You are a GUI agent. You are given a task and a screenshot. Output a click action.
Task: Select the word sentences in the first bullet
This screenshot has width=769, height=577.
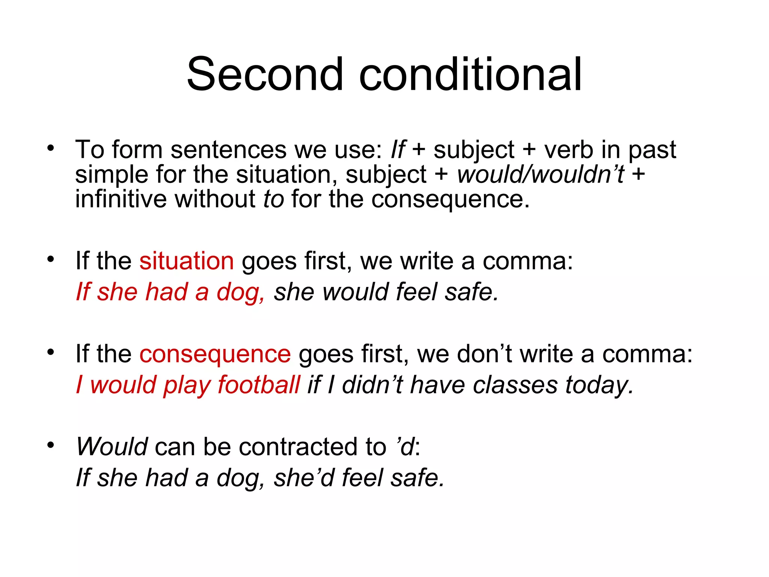click(x=228, y=150)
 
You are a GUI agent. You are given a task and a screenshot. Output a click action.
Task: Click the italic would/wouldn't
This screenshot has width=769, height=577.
click(x=541, y=175)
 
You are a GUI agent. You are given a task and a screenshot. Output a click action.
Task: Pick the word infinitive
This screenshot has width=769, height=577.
click(x=121, y=199)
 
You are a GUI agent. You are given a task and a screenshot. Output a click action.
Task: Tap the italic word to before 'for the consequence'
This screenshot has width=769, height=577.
click(x=273, y=199)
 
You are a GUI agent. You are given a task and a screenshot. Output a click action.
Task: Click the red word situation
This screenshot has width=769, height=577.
click(x=187, y=261)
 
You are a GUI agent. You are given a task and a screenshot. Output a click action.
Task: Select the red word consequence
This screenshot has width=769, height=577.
click(x=215, y=354)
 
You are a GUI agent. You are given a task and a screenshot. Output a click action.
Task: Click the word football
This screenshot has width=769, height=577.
click(x=259, y=385)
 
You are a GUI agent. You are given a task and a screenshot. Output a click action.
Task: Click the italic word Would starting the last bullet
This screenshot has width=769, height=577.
click(x=112, y=447)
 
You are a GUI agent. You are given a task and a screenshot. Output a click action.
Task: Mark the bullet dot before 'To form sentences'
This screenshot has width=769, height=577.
click(x=51, y=148)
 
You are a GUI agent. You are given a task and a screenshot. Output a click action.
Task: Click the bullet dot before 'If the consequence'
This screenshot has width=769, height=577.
click(x=51, y=352)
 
